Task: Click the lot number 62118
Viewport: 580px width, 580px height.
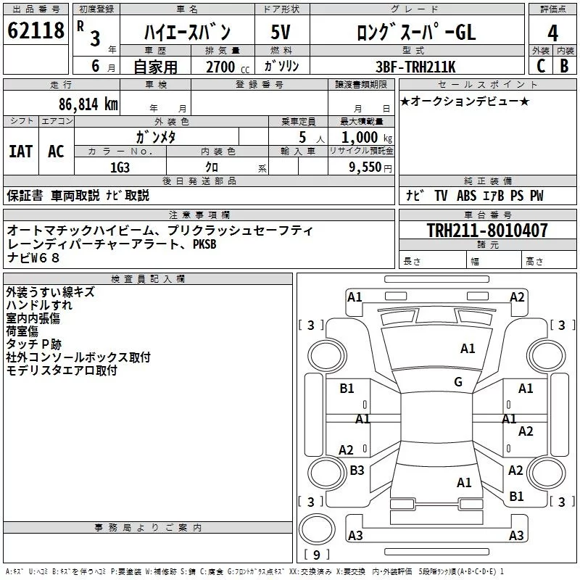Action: (35, 31)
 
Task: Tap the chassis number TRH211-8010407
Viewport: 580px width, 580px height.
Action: (486, 231)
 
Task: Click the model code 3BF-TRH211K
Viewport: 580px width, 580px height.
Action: (416, 66)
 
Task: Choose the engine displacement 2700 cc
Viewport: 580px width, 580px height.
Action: (220, 67)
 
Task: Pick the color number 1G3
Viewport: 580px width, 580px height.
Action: (120, 167)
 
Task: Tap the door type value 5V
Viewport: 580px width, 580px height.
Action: (281, 32)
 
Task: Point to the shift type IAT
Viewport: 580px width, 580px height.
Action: (20, 151)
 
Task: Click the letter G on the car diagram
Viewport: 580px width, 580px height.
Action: (458, 382)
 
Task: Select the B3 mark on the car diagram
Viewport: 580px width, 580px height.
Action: (357, 471)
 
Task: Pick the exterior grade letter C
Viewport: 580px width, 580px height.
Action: (541, 66)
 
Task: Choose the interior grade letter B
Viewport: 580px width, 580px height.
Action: (565, 66)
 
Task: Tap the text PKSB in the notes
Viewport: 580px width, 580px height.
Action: (204, 244)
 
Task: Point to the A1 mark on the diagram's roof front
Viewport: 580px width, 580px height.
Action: (468, 349)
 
